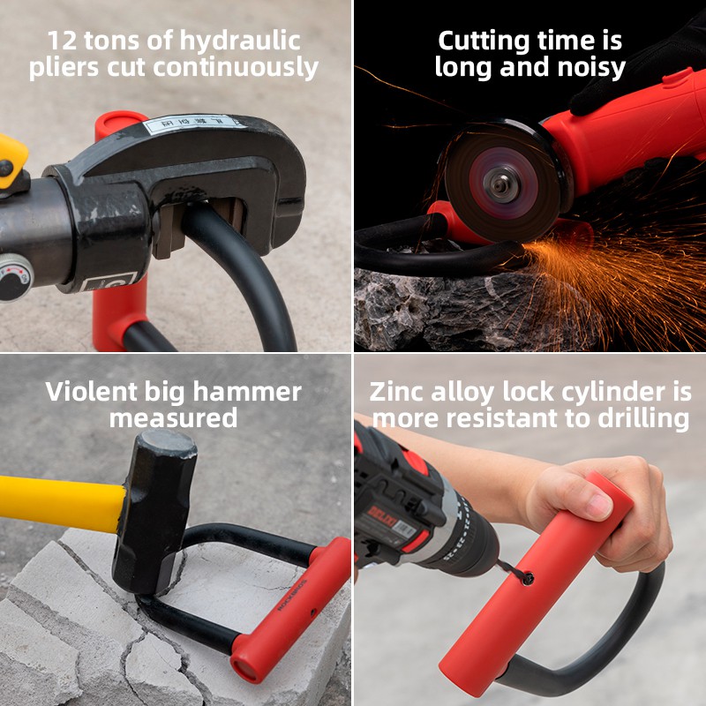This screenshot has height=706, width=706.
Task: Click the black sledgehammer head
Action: point(154,512)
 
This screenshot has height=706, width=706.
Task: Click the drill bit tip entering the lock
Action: point(526,578)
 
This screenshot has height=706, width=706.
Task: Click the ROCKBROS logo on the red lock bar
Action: point(293,595)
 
